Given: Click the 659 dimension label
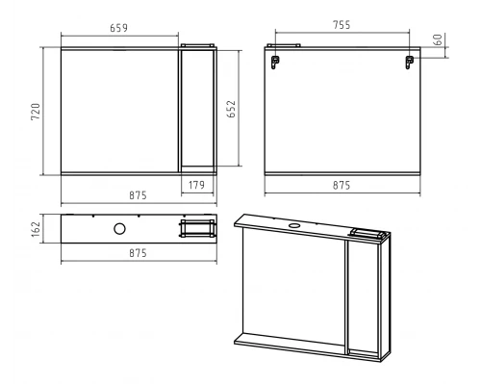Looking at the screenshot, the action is tap(118, 28).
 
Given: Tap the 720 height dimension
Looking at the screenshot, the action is tap(36, 112).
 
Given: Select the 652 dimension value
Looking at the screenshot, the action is tap(231, 109).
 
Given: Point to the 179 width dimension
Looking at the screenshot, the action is tap(196, 185).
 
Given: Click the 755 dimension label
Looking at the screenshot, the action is tap(342, 25).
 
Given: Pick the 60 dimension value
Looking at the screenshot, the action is tap(438, 39).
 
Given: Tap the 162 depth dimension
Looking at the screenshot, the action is tap(36, 229).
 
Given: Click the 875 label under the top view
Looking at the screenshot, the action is tap(138, 253).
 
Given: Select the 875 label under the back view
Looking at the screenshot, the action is tap(342, 185).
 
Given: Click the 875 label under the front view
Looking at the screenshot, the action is tap(138, 195).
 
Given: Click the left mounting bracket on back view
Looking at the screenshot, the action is tap(275, 62).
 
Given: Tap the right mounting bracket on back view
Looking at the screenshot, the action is tap(409, 62).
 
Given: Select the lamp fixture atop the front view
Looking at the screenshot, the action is tap(197, 45).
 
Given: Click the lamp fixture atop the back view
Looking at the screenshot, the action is tap(284, 45).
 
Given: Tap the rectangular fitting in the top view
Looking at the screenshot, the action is tap(197, 228).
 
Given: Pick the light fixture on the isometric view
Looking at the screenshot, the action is tap(368, 233).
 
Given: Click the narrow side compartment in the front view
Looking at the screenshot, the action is tap(197, 109).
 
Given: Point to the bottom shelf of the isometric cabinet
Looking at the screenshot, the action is tap(291, 343).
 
